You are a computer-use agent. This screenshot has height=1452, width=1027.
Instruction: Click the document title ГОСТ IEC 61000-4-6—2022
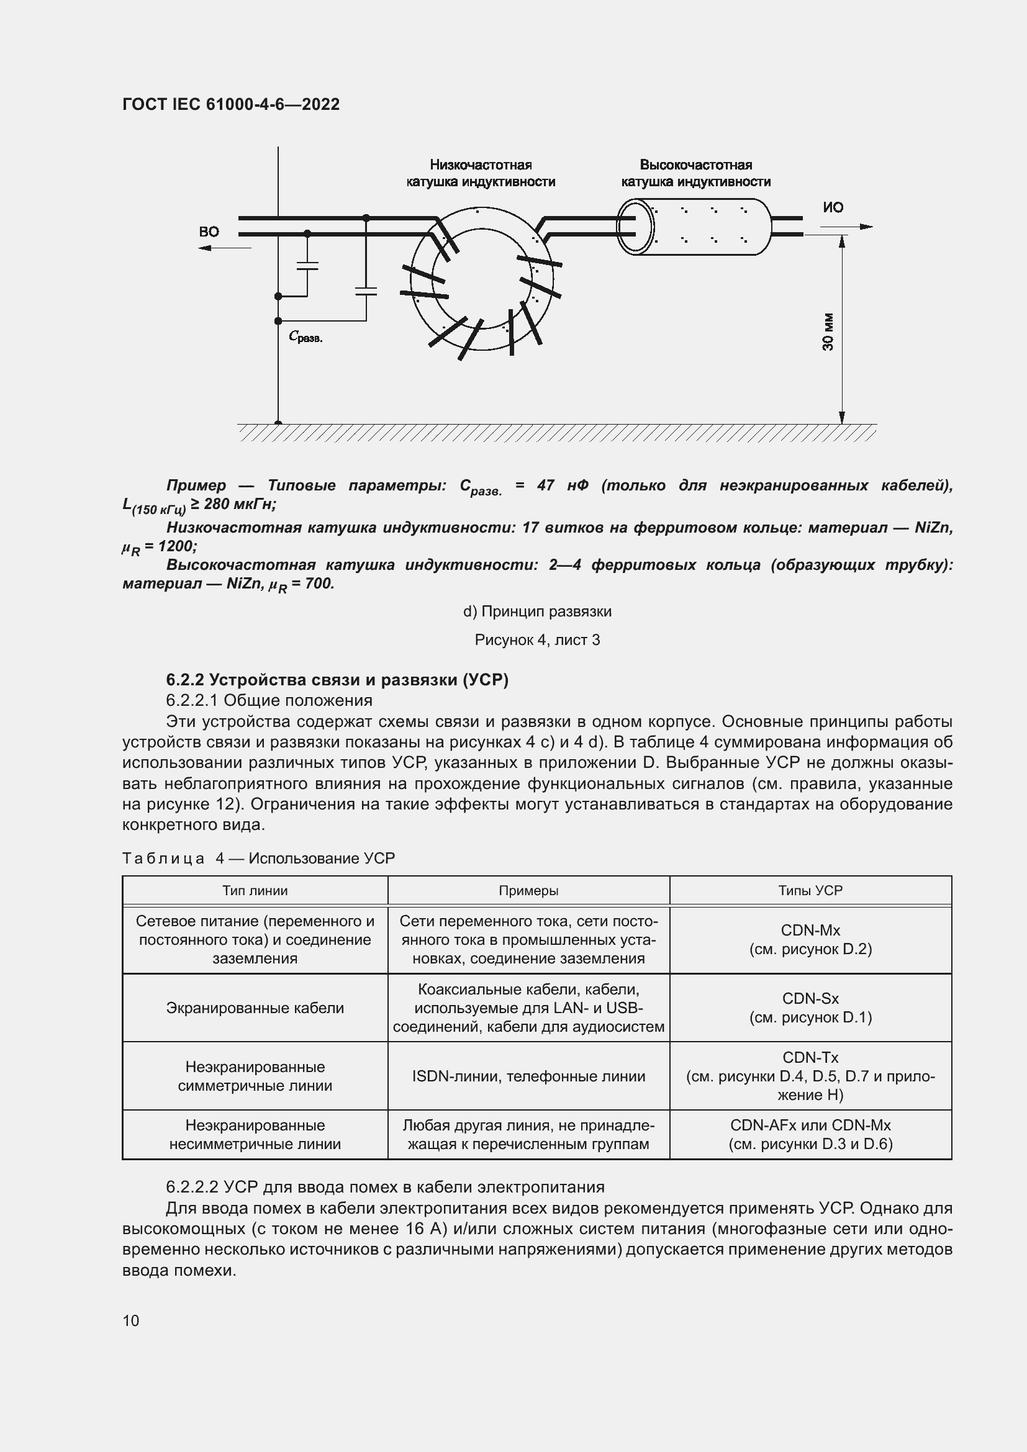pos(231,104)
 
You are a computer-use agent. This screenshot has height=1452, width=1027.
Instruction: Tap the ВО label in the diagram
pos(209,232)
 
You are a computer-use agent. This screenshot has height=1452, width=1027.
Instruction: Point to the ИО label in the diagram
pos(833,207)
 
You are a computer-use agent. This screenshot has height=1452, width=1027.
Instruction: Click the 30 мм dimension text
pos(828,332)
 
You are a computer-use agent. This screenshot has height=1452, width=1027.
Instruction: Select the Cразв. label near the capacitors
pos(305,337)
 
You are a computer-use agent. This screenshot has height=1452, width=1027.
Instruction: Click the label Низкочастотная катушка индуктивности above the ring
pos(481,173)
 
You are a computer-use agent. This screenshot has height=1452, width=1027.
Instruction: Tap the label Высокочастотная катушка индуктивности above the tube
pos(695,173)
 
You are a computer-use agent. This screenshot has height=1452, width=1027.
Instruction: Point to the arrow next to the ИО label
pos(848,227)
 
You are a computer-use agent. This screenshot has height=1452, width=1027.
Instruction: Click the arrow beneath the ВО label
pos(225,248)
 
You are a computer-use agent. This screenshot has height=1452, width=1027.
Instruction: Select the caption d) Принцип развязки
pos(537,611)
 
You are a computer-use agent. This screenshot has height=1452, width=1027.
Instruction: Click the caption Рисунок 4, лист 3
pos(537,640)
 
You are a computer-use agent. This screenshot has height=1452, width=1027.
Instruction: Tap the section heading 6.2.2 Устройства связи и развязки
pos(337,680)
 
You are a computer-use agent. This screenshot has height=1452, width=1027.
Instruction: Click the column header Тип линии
pos(255,890)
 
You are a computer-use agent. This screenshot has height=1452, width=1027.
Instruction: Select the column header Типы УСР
pos(810,890)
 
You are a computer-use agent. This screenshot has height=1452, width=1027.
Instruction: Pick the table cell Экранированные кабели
pos(255,1008)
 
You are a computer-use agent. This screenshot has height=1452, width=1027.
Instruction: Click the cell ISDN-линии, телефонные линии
pos(528,1076)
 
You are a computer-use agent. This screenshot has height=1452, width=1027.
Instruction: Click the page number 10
pos(131,1320)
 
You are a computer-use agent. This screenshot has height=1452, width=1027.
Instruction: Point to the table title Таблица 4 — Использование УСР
pos(258,858)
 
